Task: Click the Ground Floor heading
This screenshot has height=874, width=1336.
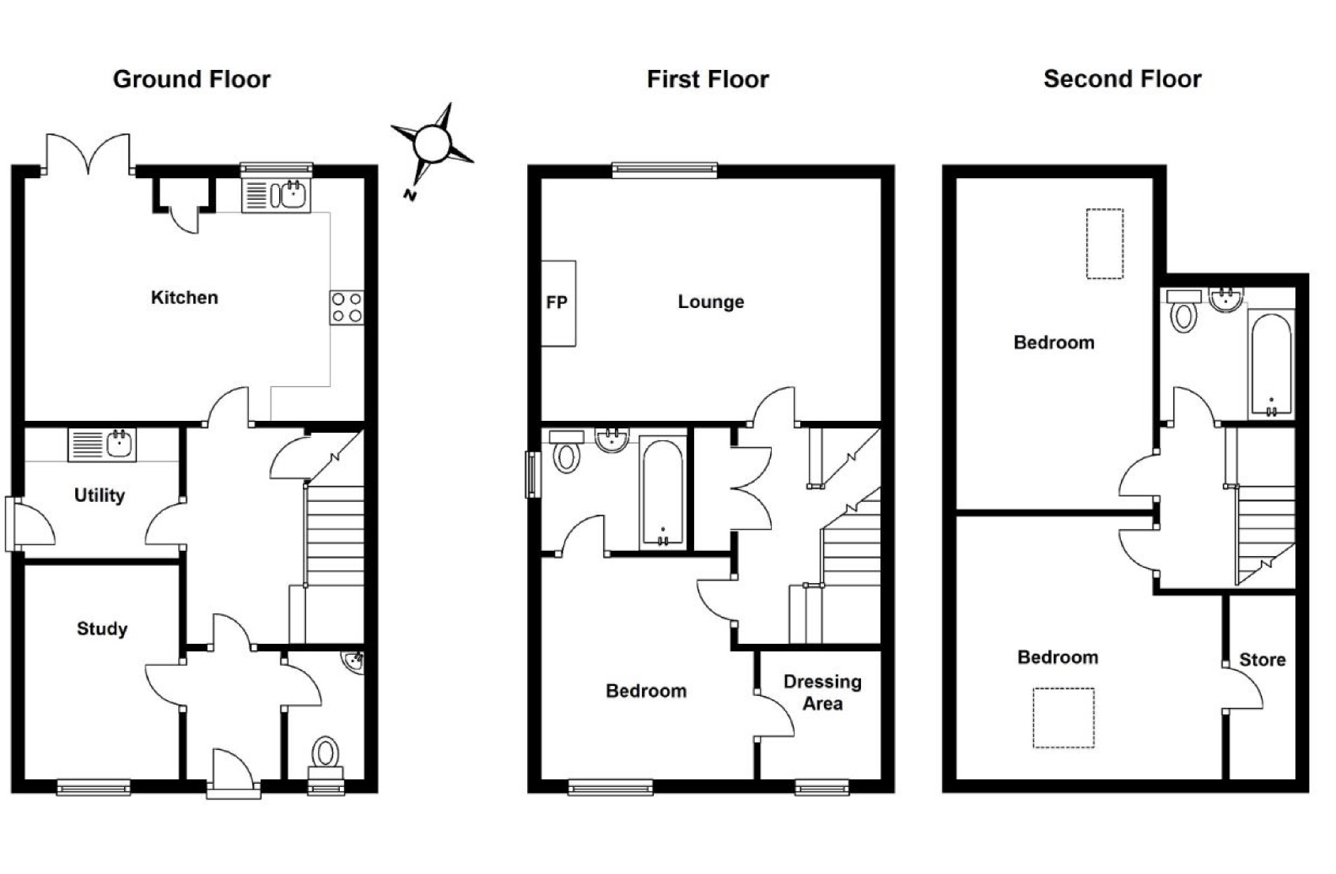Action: [191, 79]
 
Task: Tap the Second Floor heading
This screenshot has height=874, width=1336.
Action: [1122, 79]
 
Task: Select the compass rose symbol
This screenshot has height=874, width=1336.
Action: [432, 143]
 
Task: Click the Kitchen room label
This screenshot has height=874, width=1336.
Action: [184, 297]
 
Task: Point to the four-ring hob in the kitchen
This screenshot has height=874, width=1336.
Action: [346, 307]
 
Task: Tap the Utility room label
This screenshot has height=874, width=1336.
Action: [99, 495]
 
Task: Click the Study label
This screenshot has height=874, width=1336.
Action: [102, 629]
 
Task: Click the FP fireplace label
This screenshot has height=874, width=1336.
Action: [556, 302]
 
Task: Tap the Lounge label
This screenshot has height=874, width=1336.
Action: [711, 302]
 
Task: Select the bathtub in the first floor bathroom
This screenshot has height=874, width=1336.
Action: [662, 493]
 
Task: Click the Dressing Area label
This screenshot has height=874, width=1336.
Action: [822, 692]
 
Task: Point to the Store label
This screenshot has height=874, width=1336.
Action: [1261, 660]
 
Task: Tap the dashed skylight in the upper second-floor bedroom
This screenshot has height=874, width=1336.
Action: [1104, 243]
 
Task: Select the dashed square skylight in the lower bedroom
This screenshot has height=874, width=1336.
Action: [1063, 718]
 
